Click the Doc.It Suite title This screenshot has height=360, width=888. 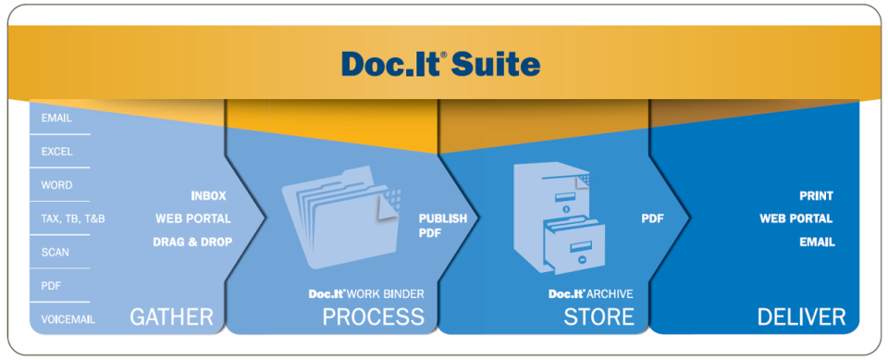tap(440, 64)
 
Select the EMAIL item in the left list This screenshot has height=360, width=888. tap(56, 118)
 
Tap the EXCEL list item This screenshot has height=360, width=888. tap(56, 152)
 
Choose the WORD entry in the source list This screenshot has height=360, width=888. tap(56, 185)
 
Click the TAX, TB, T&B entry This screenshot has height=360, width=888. tap(73, 219)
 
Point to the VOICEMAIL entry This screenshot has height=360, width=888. tap(68, 319)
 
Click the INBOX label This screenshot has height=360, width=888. tap(208, 196)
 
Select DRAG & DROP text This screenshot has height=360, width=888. tap(192, 242)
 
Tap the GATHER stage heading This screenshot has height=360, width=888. tap(171, 317)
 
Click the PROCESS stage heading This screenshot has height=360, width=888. tap(373, 317)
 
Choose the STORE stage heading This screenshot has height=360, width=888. tap(598, 317)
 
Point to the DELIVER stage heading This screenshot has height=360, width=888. tap(801, 317)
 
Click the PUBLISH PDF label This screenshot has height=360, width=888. tap(442, 226)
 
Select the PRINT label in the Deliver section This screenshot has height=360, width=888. tap(816, 196)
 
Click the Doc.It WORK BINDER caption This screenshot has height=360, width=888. tap(366, 293)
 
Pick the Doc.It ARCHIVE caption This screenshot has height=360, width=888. tap(590, 293)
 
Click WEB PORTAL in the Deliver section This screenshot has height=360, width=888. tap(795, 219)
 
